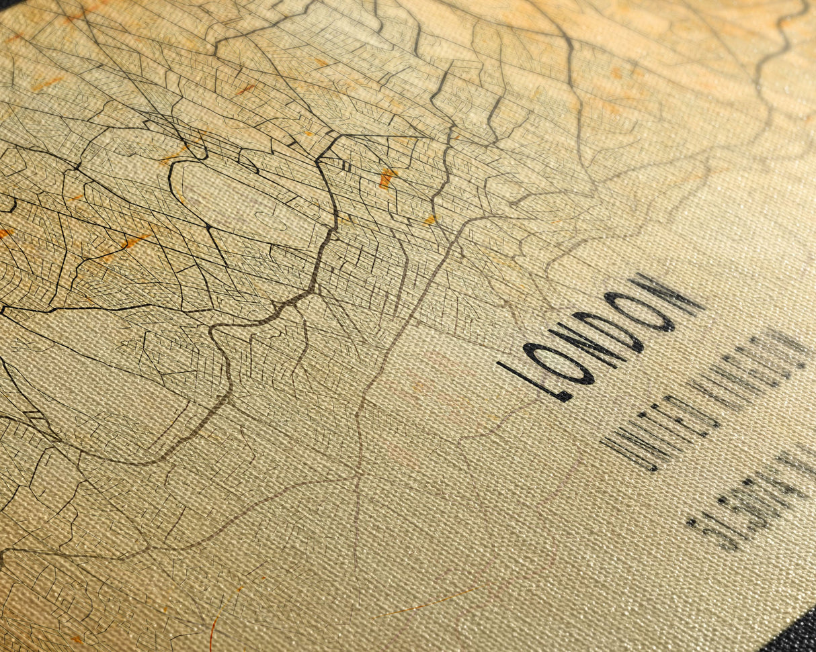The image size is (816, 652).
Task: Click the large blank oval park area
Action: click(x=242, y=201)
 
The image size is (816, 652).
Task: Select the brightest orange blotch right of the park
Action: click(x=387, y=178)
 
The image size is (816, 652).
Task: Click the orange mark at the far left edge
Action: click(x=5, y=233)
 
